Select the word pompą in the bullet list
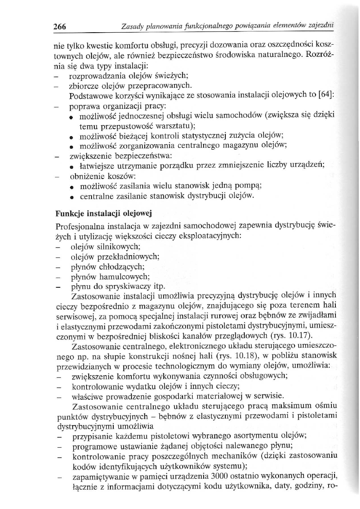[x=250, y=187]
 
